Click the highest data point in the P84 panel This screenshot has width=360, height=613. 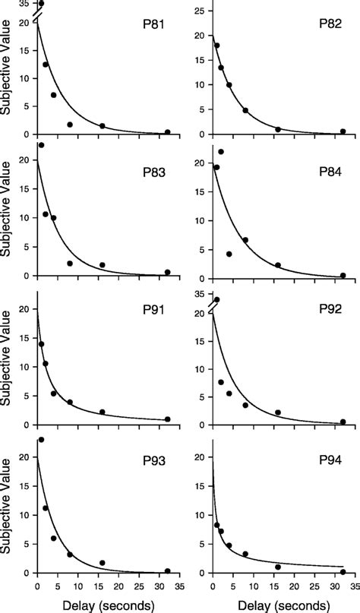pos(221,152)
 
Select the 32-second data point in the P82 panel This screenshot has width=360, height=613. pos(343,131)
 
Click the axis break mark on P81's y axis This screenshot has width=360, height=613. pos(36,15)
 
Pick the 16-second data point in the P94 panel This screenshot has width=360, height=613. pos(278,567)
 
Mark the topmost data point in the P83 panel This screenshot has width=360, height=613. pos(41,145)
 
